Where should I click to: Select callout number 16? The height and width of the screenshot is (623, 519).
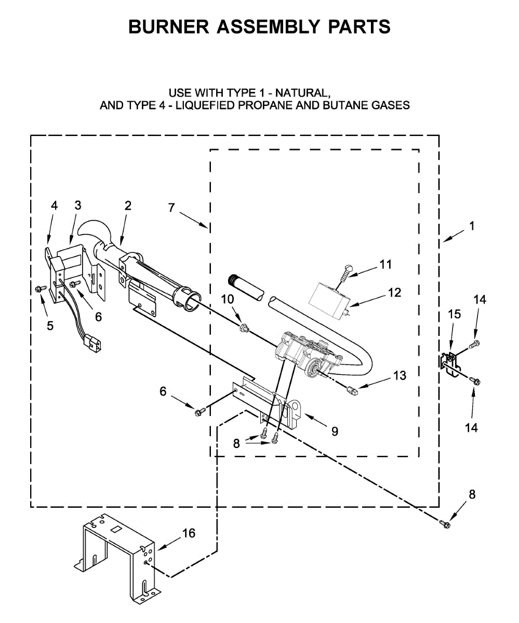(x=189, y=533)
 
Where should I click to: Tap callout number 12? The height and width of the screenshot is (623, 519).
(x=394, y=293)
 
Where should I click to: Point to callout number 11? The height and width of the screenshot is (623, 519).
(x=385, y=264)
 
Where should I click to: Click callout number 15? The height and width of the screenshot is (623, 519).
(x=454, y=314)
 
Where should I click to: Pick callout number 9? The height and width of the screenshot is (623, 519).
(x=335, y=431)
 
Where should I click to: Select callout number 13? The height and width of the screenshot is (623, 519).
(x=400, y=375)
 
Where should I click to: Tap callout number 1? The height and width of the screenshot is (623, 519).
(x=471, y=226)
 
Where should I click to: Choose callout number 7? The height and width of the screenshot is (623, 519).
(x=172, y=207)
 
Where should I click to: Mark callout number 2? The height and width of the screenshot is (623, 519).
(x=128, y=205)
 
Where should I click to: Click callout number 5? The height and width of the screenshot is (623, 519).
(x=50, y=326)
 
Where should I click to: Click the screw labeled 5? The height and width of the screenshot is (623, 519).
(x=39, y=289)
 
